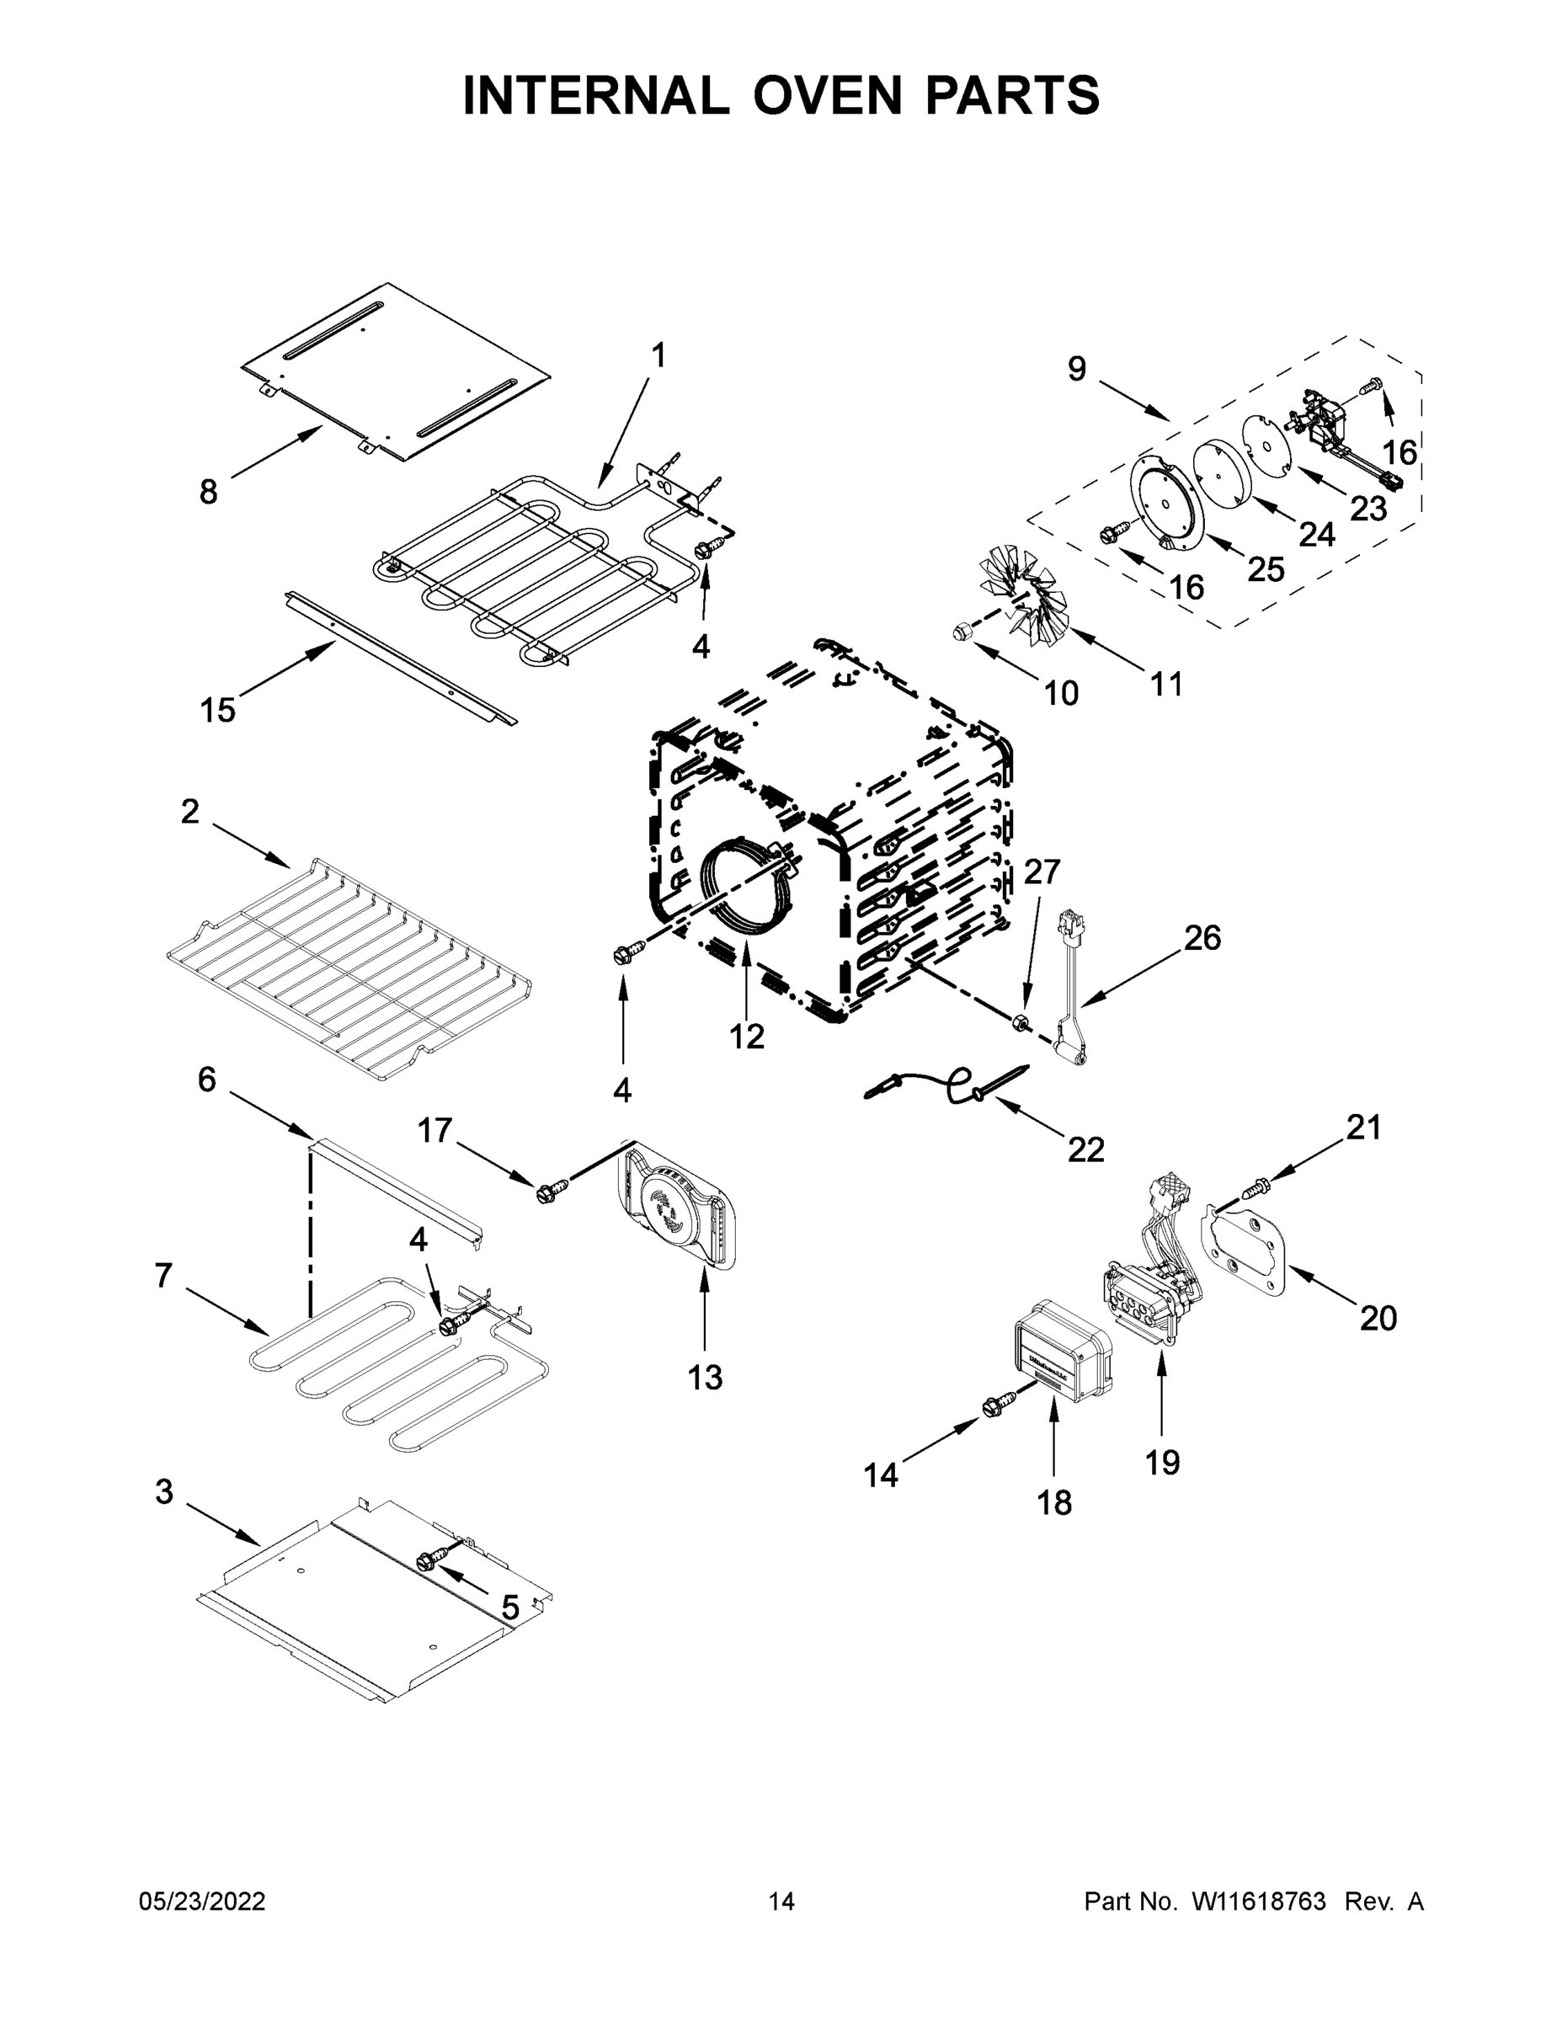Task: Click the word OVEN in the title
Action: [x=825, y=95]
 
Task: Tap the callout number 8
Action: [x=208, y=492]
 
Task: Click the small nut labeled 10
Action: [x=960, y=632]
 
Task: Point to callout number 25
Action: [x=1265, y=569]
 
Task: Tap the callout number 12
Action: [x=746, y=1037]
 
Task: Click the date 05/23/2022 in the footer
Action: [x=202, y=1901]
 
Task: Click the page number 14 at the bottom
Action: [x=781, y=1901]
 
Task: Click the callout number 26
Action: [x=1202, y=937]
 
